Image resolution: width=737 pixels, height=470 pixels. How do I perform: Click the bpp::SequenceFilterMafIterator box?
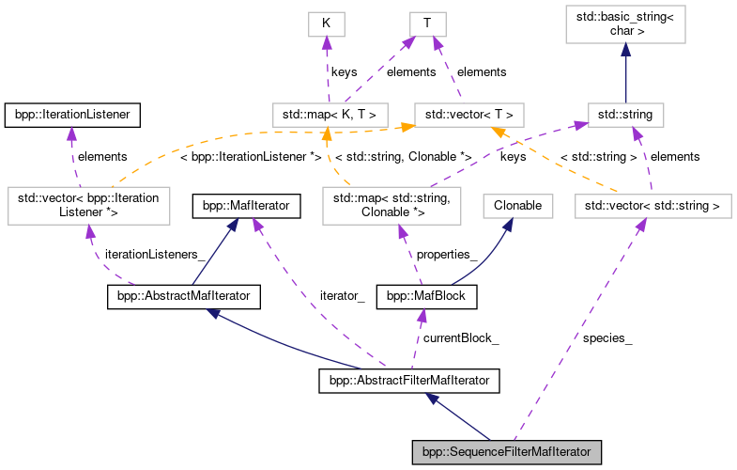click(506, 452)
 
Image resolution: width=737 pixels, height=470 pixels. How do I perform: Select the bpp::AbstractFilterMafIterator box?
click(408, 381)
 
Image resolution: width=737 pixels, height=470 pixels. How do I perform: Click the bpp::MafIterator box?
click(246, 203)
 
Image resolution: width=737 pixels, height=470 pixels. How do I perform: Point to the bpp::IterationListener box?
click(71, 116)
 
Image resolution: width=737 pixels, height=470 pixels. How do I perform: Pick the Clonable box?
click(517, 203)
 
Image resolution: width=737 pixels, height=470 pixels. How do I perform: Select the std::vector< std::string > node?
click(652, 203)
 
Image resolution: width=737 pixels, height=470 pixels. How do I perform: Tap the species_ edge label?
click(607, 337)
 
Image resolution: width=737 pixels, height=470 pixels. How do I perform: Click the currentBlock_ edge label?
click(460, 337)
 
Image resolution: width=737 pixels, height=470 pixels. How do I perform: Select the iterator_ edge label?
click(341, 295)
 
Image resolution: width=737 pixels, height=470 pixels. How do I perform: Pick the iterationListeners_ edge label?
click(154, 254)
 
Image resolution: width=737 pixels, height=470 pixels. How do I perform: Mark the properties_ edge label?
click(447, 254)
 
